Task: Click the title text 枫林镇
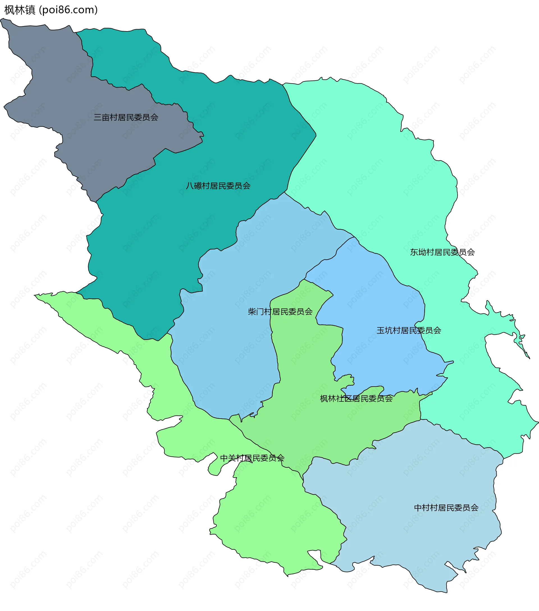(20, 10)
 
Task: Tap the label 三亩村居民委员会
(126, 118)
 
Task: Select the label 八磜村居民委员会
(218, 186)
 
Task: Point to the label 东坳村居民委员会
(442, 252)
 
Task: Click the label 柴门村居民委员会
(280, 312)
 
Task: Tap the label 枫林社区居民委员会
(356, 398)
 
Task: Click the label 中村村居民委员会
(446, 507)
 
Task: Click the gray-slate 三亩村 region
(60, 90)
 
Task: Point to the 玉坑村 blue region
(374, 299)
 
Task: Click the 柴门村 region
(233, 344)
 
